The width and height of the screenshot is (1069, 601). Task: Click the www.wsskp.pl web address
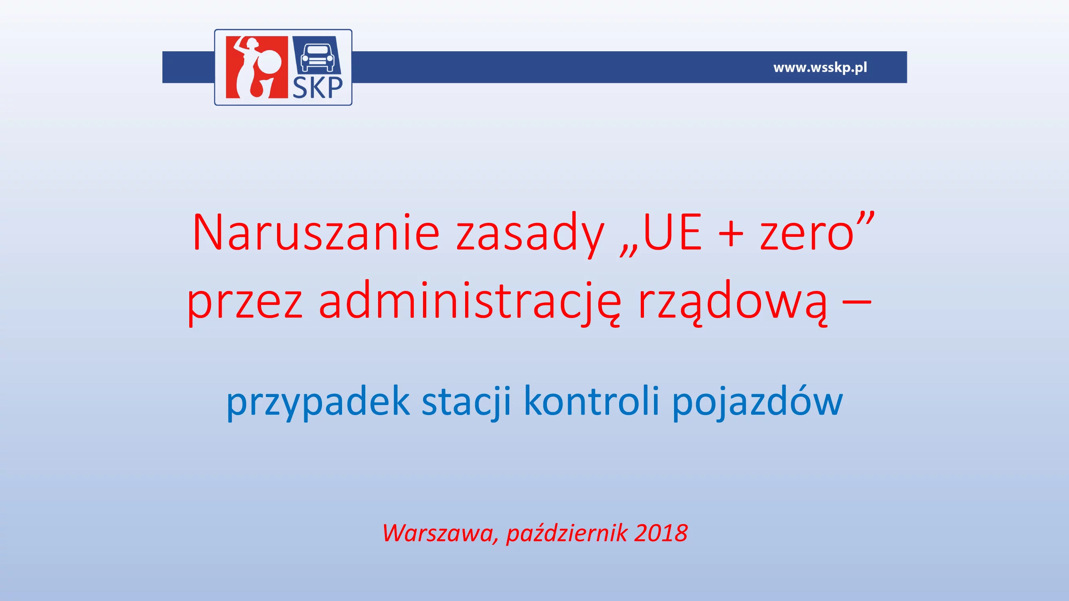pos(820,67)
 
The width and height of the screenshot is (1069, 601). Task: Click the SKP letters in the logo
pos(318,87)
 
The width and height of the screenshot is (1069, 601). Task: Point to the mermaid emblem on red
pos(257,67)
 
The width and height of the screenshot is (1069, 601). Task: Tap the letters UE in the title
pos(672,232)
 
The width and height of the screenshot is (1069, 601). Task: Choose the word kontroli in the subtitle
pos(592,400)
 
